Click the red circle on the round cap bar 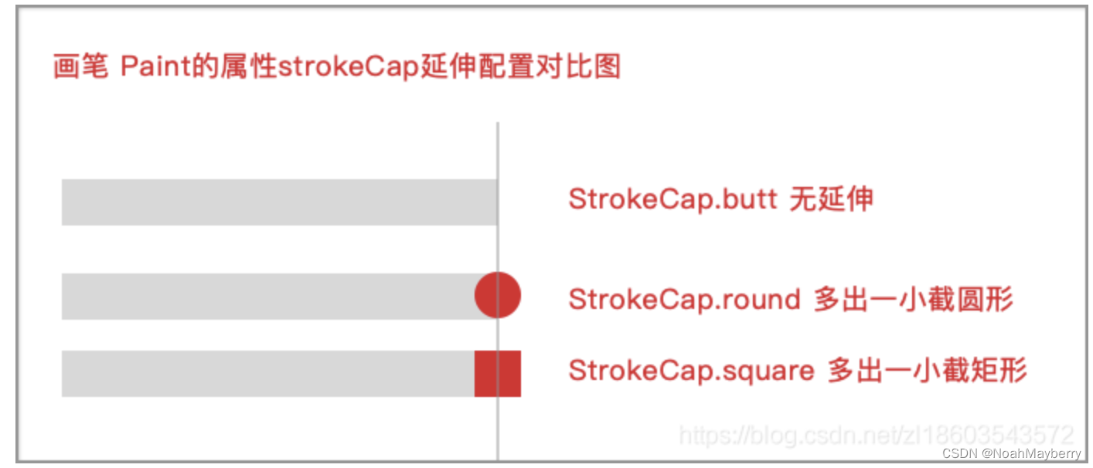coord(497,295)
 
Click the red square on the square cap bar coord(497,373)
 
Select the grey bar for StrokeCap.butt coord(278,202)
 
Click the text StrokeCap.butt coord(672,199)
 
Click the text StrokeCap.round coord(684,299)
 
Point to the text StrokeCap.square coord(691,371)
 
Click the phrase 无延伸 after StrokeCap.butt coord(831,199)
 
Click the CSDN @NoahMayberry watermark coord(1011,453)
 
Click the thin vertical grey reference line coord(497,154)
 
